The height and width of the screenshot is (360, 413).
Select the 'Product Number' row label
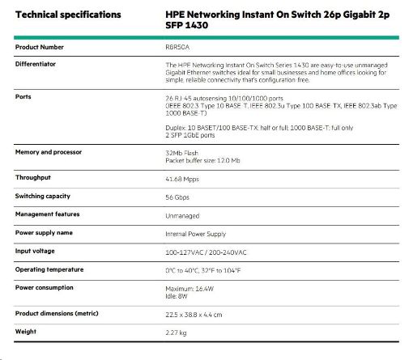[40, 48]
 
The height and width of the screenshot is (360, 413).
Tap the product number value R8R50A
[178, 48]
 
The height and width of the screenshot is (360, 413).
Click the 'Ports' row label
[23, 96]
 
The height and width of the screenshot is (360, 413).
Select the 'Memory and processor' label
[52, 152]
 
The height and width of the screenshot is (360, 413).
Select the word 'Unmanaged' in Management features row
[183, 215]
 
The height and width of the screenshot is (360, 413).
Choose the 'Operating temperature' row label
[53, 269]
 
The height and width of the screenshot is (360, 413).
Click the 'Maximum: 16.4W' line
[191, 288]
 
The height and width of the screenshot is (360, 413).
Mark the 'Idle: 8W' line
[177, 296]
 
